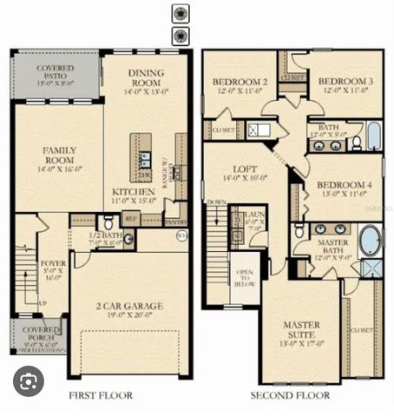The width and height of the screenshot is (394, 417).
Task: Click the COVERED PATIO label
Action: [x=56, y=74]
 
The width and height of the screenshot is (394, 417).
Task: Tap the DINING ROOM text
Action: [x=146, y=79]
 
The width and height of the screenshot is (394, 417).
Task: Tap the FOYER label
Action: [x=53, y=267]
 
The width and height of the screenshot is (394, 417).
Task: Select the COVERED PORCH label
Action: [x=39, y=334]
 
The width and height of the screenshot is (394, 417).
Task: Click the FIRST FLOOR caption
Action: [x=101, y=395]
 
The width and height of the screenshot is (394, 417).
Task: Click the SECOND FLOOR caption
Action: [x=290, y=395]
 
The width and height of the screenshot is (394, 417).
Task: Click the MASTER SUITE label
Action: [x=300, y=329]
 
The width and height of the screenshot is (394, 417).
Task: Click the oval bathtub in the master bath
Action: [x=371, y=239]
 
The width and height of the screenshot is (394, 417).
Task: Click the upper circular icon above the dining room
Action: [x=180, y=14]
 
